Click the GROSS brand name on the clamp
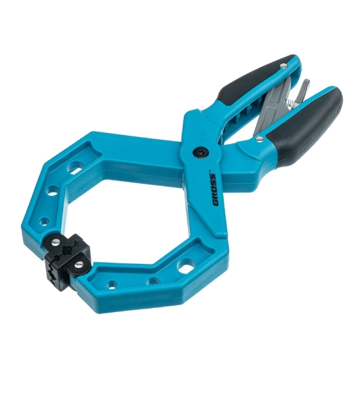[x=214, y=190]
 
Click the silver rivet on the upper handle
[x=285, y=65]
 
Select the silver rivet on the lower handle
[x=259, y=138]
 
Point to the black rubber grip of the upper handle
[x=257, y=79]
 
